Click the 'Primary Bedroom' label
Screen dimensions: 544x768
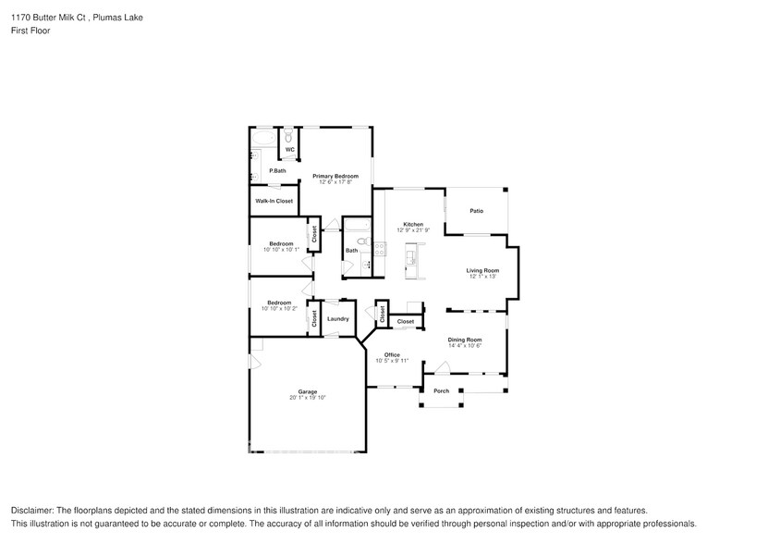pyautogui.click(x=335, y=175)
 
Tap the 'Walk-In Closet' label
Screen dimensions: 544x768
pyautogui.click(x=274, y=201)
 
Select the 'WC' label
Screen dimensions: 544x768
pyautogui.click(x=289, y=149)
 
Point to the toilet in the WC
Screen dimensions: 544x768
pyautogui.click(x=289, y=134)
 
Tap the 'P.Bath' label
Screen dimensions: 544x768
pyautogui.click(x=276, y=171)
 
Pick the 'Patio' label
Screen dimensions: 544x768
pyautogui.click(x=476, y=211)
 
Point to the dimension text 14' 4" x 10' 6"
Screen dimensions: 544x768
pyautogui.click(x=465, y=346)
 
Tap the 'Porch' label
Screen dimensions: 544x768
pyautogui.click(x=442, y=390)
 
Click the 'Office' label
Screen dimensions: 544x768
pyautogui.click(x=392, y=354)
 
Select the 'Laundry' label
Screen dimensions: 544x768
pyautogui.click(x=337, y=319)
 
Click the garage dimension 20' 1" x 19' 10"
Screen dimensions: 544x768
pyautogui.click(x=307, y=397)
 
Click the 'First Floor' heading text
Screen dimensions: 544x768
pyautogui.click(x=30, y=31)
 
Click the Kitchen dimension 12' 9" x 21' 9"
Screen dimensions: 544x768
pyautogui.click(x=412, y=229)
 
